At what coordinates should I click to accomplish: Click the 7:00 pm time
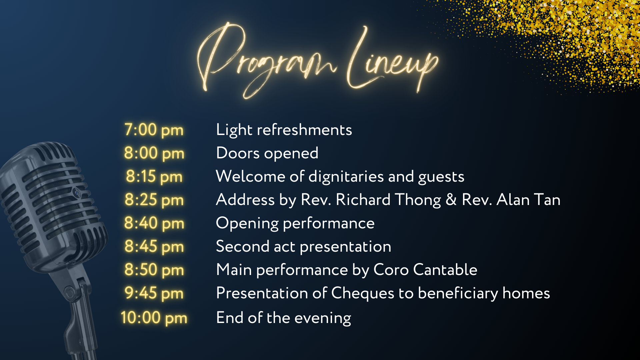click(x=154, y=130)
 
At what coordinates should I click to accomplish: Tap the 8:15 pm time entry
click(x=154, y=177)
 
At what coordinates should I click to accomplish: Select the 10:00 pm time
click(x=154, y=318)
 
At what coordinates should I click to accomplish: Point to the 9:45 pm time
click(x=154, y=293)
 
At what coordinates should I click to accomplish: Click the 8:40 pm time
click(x=154, y=223)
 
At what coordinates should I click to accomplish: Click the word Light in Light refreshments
click(x=234, y=130)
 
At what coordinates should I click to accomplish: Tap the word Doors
click(x=238, y=153)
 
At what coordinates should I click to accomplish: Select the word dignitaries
click(x=346, y=177)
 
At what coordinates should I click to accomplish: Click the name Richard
click(x=363, y=200)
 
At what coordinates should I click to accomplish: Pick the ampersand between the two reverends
click(x=451, y=200)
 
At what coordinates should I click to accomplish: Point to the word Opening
click(x=247, y=223)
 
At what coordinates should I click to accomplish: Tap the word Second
click(x=242, y=247)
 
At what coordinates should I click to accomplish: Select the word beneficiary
click(x=458, y=293)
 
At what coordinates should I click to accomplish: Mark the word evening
click(x=323, y=318)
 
